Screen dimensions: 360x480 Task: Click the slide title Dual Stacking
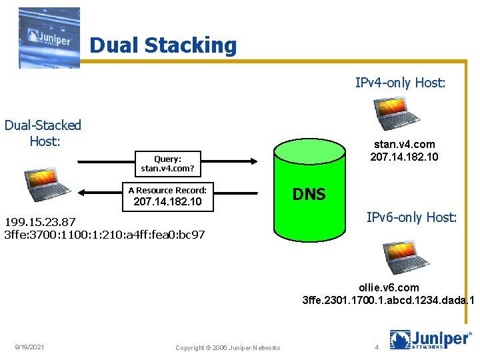[x=163, y=45]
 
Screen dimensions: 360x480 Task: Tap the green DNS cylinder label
[x=309, y=194]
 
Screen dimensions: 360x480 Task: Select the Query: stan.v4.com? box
[x=167, y=163]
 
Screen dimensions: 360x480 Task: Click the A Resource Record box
[x=167, y=195]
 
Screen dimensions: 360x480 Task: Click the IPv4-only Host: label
[x=400, y=83]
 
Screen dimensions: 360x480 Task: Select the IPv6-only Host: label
[x=411, y=217]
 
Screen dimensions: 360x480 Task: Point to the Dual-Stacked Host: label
[x=43, y=133]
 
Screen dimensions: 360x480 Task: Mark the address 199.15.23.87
[x=40, y=222]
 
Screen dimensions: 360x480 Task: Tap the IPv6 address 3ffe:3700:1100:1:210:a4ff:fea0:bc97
[x=105, y=235]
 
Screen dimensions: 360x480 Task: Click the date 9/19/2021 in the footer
[x=31, y=347]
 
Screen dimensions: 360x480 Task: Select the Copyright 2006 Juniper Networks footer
[x=227, y=347]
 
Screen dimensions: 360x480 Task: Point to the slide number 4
[x=377, y=347]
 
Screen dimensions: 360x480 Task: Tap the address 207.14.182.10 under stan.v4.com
[x=404, y=157]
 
